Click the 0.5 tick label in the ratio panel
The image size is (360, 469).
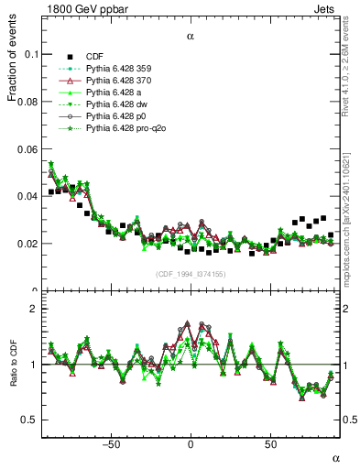pyautogui.click(x=32, y=420)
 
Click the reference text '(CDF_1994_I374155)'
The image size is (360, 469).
pyautogui.click(x=191, y=273)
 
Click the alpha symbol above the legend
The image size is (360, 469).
pyautogui.click(x=191, y=37)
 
